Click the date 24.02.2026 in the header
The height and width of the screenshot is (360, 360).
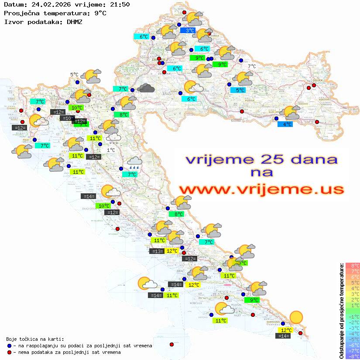48,4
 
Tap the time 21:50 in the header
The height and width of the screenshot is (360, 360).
120,4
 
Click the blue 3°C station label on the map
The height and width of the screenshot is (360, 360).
190,31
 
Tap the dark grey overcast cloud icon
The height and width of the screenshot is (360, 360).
146,88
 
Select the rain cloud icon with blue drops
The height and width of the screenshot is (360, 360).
134,164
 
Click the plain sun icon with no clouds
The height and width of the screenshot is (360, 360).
296,317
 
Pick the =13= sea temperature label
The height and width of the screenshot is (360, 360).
157,251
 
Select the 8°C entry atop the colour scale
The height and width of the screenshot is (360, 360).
353,265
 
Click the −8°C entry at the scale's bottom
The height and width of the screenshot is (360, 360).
353,356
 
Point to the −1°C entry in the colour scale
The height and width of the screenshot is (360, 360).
353,316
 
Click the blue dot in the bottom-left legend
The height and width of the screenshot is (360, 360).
10,346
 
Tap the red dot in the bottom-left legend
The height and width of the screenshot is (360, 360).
10,352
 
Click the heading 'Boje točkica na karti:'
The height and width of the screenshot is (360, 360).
35,339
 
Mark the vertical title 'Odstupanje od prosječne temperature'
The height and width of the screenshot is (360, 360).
341,311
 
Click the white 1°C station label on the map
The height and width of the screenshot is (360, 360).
111,150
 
